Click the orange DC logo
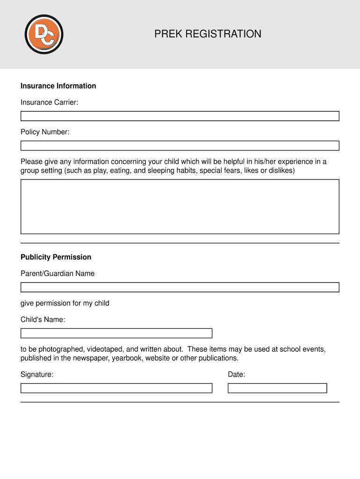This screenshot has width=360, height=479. coord(43,34)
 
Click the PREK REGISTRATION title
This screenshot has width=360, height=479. coord(208,34)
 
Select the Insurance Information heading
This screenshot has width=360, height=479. coord(58,86)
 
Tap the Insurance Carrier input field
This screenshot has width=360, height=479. coord(180,116)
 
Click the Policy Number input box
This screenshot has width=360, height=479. coord(180,145)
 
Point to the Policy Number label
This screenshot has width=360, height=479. coord(45,132)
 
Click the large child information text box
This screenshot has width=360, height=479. coord(180,206)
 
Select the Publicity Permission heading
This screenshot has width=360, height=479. coord(56,257)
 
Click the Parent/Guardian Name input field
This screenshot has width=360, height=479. coord(180,287)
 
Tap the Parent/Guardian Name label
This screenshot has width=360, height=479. coord(58,274)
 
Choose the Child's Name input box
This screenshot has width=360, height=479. coord(116,333)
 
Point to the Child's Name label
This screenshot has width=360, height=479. coord(43,320)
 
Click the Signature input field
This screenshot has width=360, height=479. coord(116,388)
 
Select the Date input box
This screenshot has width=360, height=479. coord(277,388)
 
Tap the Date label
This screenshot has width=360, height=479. coord(237,375)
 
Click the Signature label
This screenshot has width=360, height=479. coord(37,375)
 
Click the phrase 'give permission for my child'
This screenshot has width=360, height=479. coord(65,303)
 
